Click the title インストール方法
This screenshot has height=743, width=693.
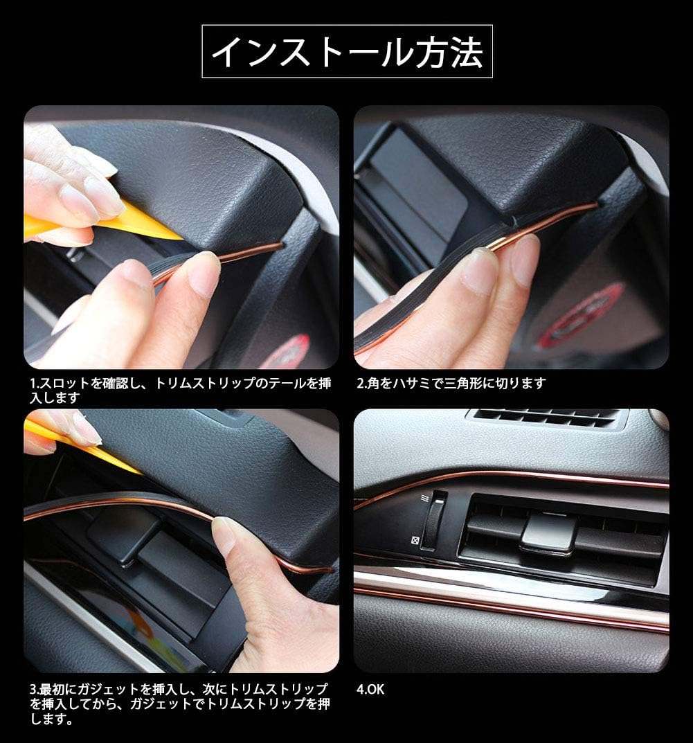pos(346,52)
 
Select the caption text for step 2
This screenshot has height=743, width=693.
pos(451,383)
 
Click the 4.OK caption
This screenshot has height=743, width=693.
pos(370,689)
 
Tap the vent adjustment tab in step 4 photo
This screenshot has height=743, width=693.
pos(548,533)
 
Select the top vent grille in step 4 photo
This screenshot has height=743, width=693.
pos(546,418)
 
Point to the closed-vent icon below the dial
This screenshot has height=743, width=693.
pos(413,541)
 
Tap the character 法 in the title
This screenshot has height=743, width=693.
pos(465,52)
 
